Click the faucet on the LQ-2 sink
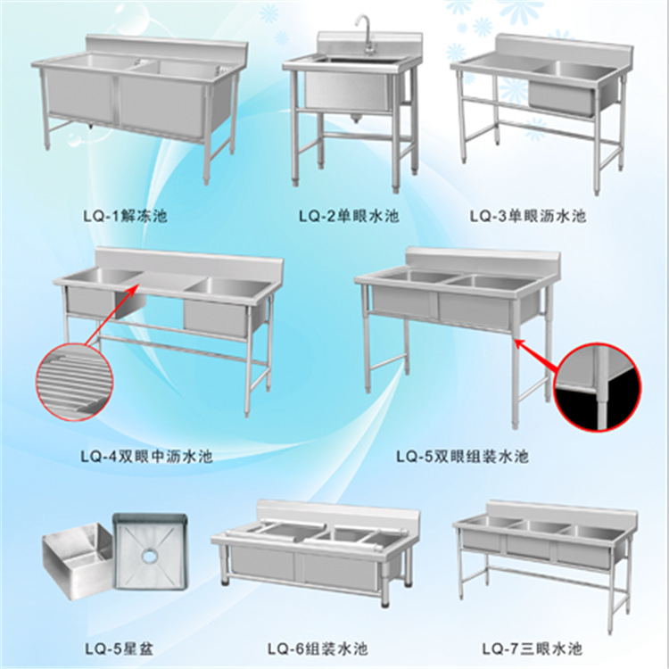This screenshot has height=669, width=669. pyautogui.click(x=365, y=34)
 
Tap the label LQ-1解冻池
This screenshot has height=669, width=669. pyautogui.click(x=125, y=216)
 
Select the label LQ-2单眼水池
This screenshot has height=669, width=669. pyautogui.click(x=349, y=217)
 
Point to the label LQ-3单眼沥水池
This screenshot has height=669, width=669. pyautogui.click(x=528, y=216)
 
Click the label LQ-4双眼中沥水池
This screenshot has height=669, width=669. pyautogui.click(x=146, y=457)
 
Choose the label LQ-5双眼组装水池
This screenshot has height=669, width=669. pyautogui.click(x=462, y=457)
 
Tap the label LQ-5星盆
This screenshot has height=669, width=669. pyautogui.click(x=119, y=649)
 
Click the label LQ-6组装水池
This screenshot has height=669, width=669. pyautogui.click(x=318, y=649)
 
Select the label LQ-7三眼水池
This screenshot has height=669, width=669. pyautogui.click(x=533, y=649)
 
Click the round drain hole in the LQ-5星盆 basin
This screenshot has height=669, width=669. pyautogui.click(x=150, y=555)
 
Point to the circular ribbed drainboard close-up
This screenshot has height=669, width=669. pyautogui.click(x=74, y=382)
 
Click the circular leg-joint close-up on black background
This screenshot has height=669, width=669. pyautogui.click(x=598, y=387)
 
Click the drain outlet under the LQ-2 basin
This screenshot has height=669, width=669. pyautogui.click(x=353, y=118)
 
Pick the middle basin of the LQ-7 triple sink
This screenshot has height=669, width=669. pyautogui.click(x=533, y=539)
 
